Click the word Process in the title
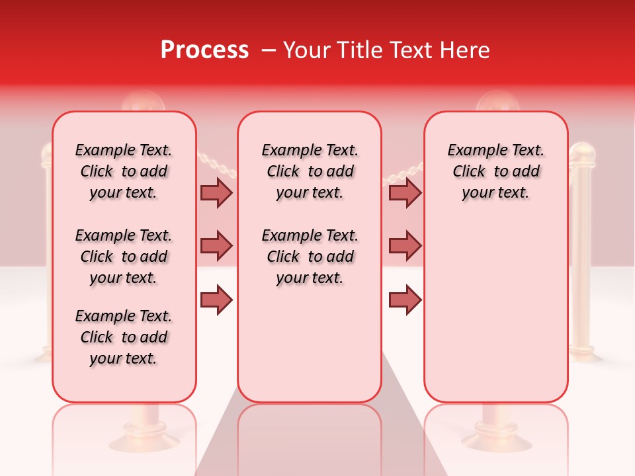pos(204,50)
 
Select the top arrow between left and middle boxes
pos(216,193)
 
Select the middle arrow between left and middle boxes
pos(216,246)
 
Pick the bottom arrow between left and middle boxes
pos(216,300)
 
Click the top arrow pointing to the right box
pos(405,193)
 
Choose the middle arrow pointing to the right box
pos(405,246)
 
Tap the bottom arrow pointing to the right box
pos(405,300)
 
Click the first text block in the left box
pos(124,171)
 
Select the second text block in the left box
pos(124,257)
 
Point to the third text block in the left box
pos(124,337)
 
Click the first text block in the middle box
pos(310,171)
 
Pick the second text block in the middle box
pos(310,257)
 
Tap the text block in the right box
pos(495,171)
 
